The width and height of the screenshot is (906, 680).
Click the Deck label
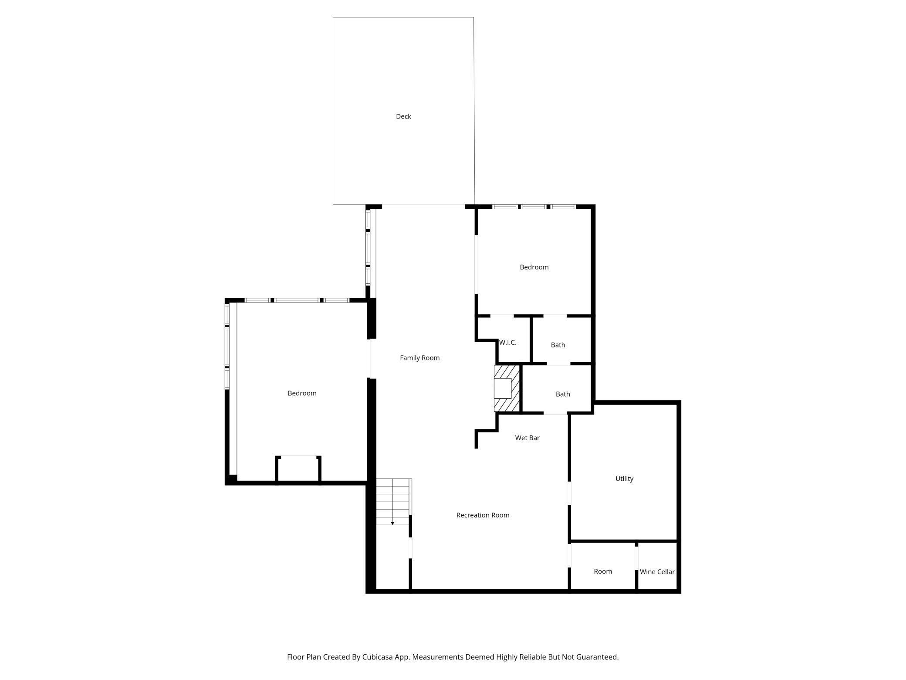[403, 116]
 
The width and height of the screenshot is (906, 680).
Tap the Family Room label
[419, 358]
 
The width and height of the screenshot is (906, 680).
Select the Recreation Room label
[483, 515]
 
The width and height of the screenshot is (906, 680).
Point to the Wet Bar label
[527, 438]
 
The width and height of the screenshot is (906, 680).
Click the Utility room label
[624, 479]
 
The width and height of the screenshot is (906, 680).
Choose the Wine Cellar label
[657, 572]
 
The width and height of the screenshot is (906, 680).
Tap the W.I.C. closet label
[508, 343]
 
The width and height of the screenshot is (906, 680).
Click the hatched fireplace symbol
[507, 388]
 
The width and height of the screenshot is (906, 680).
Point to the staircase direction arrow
[392, 523]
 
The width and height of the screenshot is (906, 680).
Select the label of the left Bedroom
[302, 393]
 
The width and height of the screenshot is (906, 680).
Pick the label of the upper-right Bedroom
[534, 267]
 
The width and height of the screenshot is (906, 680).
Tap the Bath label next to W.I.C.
[558, 345]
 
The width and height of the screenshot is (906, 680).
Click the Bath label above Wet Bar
[563, 394]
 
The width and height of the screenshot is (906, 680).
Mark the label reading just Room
[603, 571]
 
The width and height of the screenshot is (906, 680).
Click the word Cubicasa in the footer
[378, 657]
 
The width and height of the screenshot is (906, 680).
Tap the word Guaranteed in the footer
[597, 657]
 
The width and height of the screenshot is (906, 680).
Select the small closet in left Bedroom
[298, 469]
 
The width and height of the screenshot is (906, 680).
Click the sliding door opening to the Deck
[423, 207]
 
